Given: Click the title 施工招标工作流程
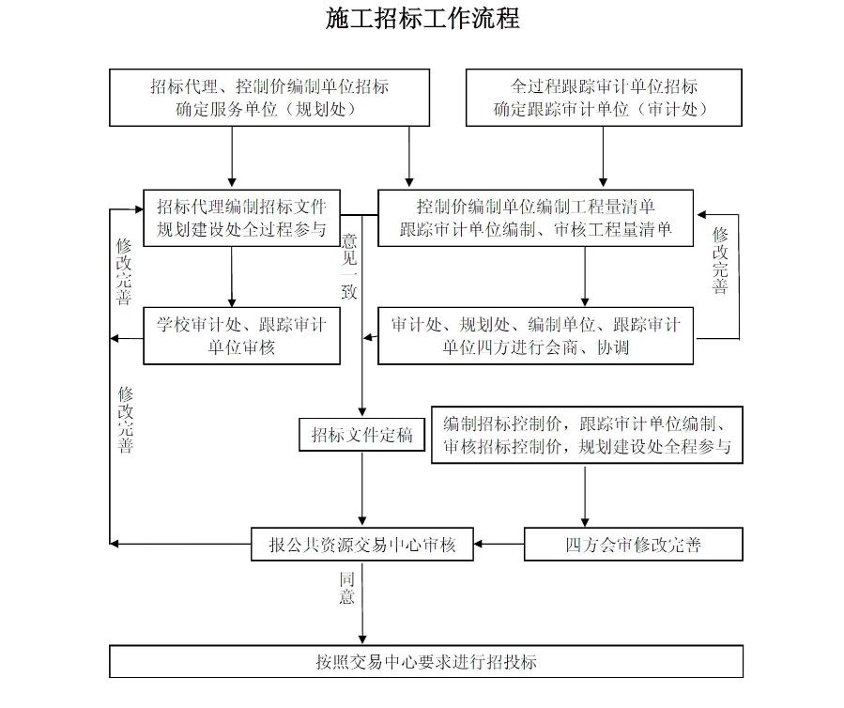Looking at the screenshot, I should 422,19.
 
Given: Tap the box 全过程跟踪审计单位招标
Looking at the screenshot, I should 602,98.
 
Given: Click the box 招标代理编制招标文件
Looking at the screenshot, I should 241,218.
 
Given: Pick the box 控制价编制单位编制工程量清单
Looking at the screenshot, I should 535,218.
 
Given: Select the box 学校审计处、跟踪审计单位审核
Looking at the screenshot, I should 241,336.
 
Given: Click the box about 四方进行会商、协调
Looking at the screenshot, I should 535,336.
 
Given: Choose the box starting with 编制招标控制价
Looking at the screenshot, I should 587,436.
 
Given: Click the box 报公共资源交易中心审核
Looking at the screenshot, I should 361,545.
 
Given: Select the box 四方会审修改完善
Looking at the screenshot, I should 633,545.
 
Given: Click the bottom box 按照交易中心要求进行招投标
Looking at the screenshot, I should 426,661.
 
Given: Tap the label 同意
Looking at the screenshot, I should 347,587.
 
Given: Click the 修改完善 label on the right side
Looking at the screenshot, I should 720,261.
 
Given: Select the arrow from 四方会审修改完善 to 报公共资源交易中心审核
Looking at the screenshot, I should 499,545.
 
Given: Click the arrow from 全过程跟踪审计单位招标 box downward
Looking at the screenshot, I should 602,158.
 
